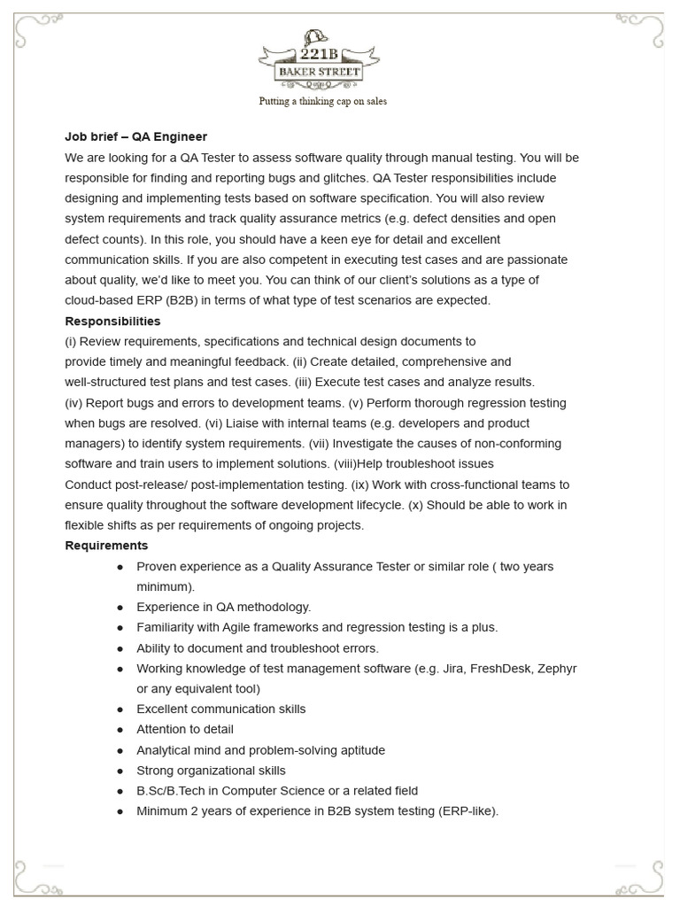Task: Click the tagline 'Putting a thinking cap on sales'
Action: click(x=322, y=101)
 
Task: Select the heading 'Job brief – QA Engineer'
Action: click(x=135, y=137)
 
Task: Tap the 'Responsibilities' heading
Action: click(x=112, y=321)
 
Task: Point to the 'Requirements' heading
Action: click(x=106, y=546)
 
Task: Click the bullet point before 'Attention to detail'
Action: click(x=120, y=730)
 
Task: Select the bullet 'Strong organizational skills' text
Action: click(x=211, y=771)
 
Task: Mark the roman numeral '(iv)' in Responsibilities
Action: click(x=73, y=403)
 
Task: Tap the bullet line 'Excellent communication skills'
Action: click(x=220, y=709)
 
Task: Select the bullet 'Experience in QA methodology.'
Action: click(x=223, y=608)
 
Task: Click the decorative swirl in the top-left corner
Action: click(x=34, y=34)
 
